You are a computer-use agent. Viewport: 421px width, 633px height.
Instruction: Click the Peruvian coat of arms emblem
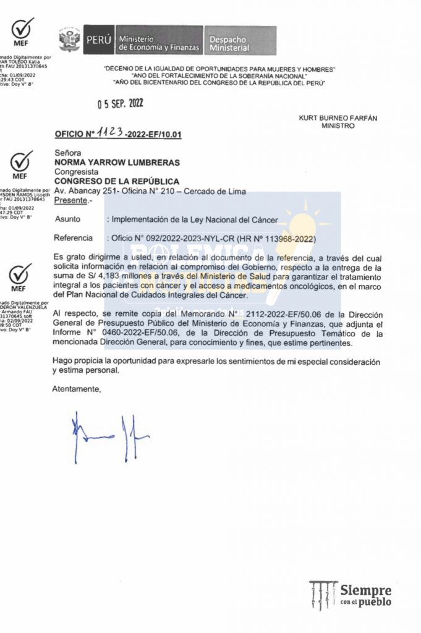click(70, 40)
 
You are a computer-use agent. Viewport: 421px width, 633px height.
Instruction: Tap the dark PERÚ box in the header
click(98, 40)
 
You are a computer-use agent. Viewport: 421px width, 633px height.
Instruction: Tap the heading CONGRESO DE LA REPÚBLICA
click(117, 181)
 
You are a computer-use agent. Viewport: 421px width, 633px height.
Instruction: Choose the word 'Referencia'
click(73, 238)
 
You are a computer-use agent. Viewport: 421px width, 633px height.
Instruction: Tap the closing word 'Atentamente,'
click(76, 389)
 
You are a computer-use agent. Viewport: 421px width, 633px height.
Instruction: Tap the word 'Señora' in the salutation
click(67, 153)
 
